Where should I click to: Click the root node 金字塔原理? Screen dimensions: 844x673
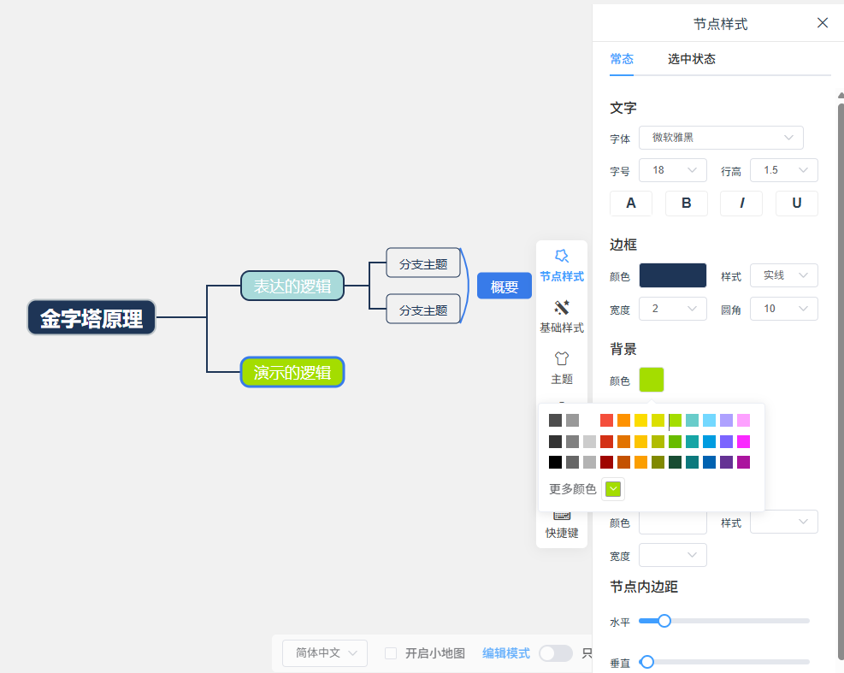(x=91, y=317)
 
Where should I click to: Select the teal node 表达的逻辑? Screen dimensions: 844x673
(x=292, y=286)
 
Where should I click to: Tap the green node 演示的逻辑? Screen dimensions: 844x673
(x=292, y=372)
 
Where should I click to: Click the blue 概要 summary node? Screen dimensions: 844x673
(x=505, y=286)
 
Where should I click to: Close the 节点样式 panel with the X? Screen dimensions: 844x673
(x=823, y=22)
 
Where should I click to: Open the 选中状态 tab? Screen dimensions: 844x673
(x=692, y=59)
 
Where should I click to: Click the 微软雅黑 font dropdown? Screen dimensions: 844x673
(x=721, y=138)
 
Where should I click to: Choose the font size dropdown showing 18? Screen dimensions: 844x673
(x=673, y=171)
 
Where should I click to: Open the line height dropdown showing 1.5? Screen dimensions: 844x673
(x=783, y=171)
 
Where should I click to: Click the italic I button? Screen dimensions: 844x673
(x=741, y=204)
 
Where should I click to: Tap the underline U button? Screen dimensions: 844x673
(x=797, y=204)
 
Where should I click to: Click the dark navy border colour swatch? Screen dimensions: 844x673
(x=673, y=275)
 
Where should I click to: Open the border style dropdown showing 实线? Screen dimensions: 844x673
(x=783, y=275)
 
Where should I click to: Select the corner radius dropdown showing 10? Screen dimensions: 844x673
(x=783, y=309)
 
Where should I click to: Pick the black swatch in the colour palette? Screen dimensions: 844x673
(x=556, y=462)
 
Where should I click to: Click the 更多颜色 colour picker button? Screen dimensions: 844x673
(x=613, y=489)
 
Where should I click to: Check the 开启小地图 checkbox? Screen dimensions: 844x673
(x=391, y=653)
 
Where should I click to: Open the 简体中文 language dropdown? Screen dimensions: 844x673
(x=325, y=653)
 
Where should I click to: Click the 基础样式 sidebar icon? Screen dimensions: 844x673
(x=562, y=316)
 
